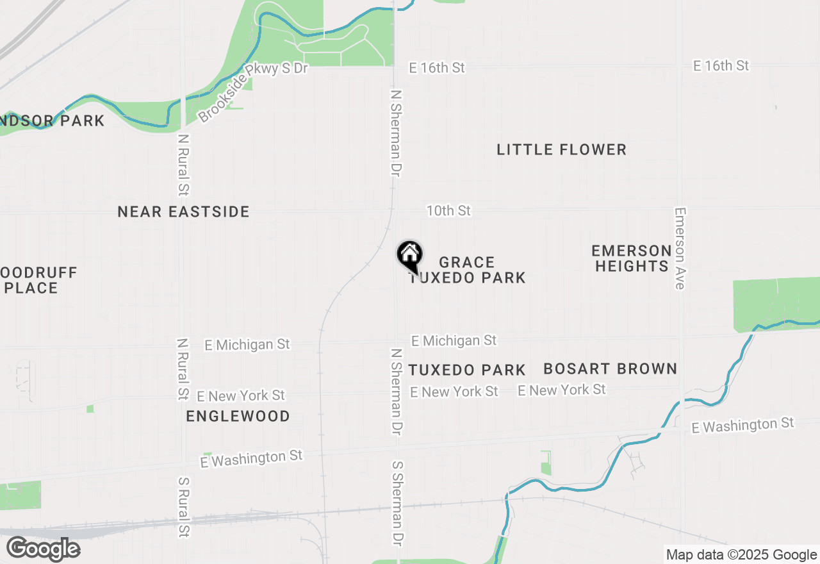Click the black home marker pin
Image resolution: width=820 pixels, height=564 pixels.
click(410, 256)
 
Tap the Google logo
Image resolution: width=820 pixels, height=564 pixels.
click(43, 549)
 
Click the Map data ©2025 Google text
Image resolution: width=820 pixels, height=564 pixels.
click(741, 555)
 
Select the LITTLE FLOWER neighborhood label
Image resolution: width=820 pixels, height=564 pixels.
click(561, 150)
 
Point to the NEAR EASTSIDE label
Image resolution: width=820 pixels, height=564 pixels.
click(183, 212)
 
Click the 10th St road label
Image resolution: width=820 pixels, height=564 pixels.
click(448, 210)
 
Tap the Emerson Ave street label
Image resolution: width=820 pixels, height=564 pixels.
click(680, 248)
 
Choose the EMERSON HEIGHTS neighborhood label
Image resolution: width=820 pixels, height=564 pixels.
click(632, 258)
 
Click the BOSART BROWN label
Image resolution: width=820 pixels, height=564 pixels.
click(610, 369)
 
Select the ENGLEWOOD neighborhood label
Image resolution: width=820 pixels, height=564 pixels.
click(238, 417)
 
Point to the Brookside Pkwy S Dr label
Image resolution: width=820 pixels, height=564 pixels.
click(252, 92)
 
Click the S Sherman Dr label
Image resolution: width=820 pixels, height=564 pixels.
click(398, 502)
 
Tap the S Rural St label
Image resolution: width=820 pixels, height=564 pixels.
click(184, 506)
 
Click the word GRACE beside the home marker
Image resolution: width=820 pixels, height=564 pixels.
click(467, 263)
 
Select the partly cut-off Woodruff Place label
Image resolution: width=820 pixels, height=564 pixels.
click(38, 280)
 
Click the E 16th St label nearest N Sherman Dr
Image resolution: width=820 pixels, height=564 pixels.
click(438, 67)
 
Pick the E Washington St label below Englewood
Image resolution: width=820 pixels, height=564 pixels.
click(250, 458)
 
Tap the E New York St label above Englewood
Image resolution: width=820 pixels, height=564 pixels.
click(241, 395)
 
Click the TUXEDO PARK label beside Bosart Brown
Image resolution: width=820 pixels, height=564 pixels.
click(467, 370)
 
